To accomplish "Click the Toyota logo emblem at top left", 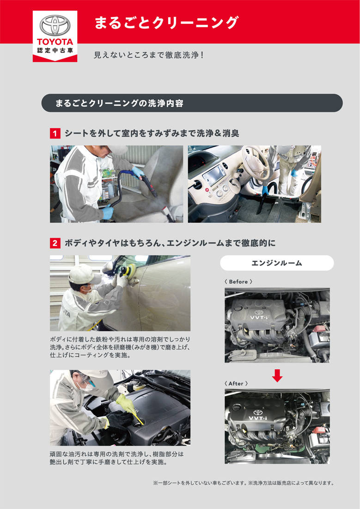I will (x=55, y=25).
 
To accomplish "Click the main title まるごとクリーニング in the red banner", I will (x=166, y=22).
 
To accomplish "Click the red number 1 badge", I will (x=55, y=134).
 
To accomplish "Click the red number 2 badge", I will (x=55, y=243).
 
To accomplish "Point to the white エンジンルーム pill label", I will (x=276, y=263).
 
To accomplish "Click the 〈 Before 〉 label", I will (x=238, y=282).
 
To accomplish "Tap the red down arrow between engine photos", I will (x=277, y=375).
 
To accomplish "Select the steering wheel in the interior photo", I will (x=255, y=161).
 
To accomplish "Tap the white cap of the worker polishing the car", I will (x=82, y=274).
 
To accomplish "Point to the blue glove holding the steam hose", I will (x=137, y=172).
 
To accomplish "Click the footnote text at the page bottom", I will (x=243, y=483).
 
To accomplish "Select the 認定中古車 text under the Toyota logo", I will (x=55, y=50).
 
